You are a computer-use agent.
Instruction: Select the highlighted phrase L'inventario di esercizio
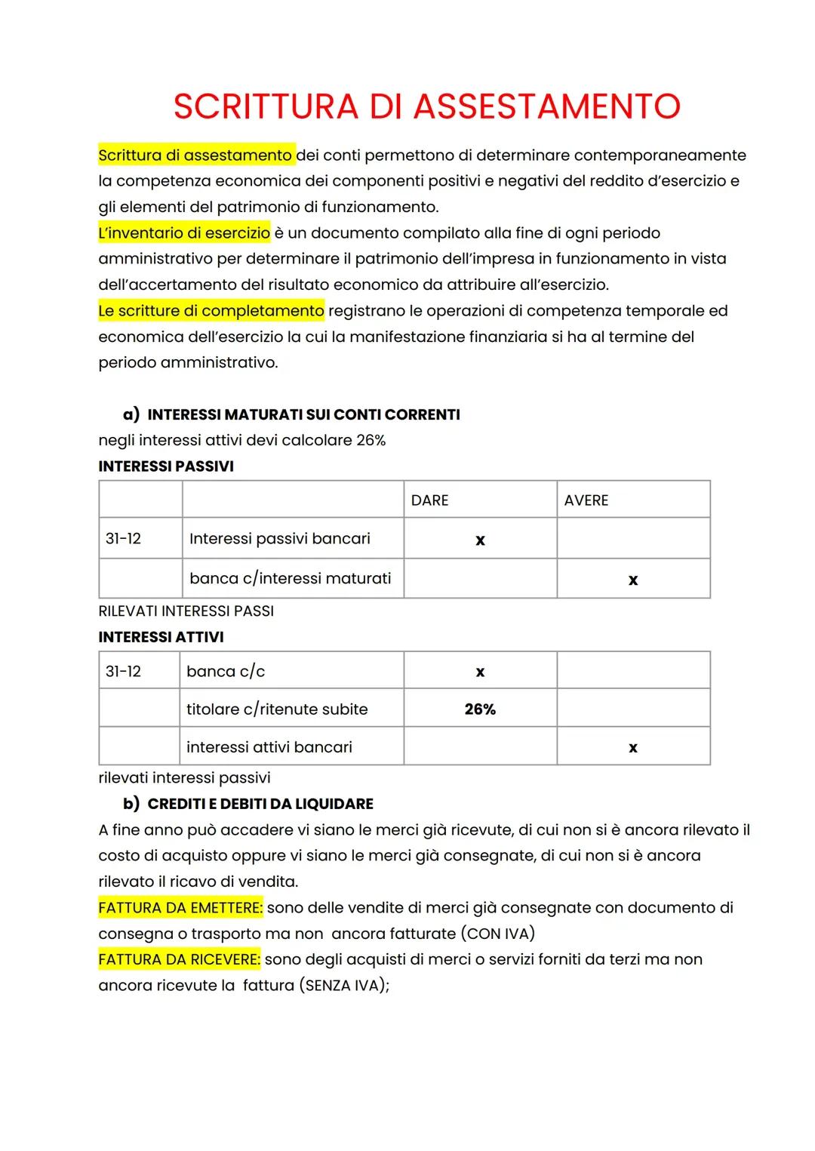coord(184,232)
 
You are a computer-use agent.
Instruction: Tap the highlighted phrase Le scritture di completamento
coord(211,310)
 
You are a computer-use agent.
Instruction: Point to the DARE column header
coord(429,500)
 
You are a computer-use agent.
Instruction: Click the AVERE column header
coord(586,500)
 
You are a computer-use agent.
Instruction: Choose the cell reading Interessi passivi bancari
coord(279,538)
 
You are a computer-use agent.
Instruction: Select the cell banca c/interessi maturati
coord(290,578)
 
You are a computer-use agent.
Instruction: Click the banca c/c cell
coord(226,671)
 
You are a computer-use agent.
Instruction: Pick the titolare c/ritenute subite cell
coord(277,709)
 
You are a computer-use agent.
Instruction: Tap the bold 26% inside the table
coord(480,709)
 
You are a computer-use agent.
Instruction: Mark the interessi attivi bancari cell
coord(269,746)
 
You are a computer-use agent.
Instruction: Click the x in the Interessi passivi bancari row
coord(480,540)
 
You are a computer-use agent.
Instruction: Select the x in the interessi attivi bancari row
coord(632,747)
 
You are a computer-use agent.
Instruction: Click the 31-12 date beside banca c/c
coord(123,671)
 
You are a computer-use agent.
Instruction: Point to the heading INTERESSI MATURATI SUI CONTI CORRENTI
coord(303,414)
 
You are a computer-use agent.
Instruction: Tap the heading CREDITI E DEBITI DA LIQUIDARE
coord(260,804)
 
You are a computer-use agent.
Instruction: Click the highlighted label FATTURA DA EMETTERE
coord(180,907)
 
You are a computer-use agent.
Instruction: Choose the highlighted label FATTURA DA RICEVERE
coord(179,959)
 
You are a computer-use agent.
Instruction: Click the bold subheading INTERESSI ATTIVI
coord(161,637)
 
